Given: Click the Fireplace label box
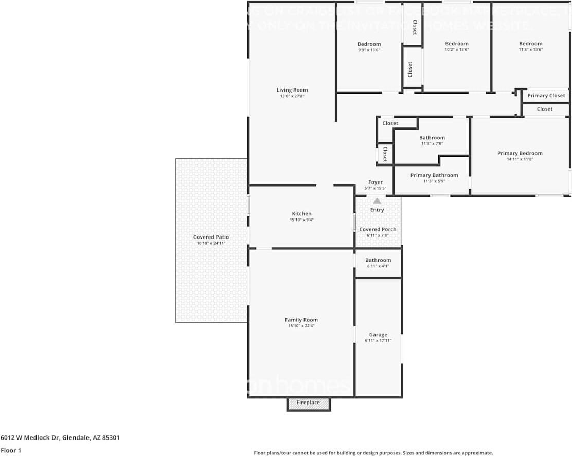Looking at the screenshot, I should pyautogui.click(x=308, y=403).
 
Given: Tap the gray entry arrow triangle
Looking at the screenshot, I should pyautogui.click(x=377, y=201).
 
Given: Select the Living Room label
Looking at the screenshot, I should pyautogui.click(x=292, y=90).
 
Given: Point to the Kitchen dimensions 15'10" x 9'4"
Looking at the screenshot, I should pyautogui.click(x=301, y=220).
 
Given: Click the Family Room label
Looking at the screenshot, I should pyautogui.click(x=301, y=320).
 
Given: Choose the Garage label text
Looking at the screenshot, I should pyautogui.click(x=378, y=335).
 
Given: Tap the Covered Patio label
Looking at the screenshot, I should pyautogui.click(x=211, y=237).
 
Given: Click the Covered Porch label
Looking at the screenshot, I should pyautogui.click(x=378, y=230).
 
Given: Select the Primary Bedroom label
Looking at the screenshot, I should pyautogui.click(x=520, y=153).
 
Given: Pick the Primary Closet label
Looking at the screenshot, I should pyautogui.click(x=546, y=96).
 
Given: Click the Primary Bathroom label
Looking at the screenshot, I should pyautogui.click(x=434, y=175).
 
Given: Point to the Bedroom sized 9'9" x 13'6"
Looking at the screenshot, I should pyautogui.click(x=369, y=44).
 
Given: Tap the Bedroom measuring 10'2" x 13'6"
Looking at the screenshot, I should pyautogui.click(x=457, y=44).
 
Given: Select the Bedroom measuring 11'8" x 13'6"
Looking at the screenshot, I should pyautogui.click(x=530, y=44).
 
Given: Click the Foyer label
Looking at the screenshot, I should pyautogui.click(x=376, y=182).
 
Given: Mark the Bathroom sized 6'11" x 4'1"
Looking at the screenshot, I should pyautogui.click(x=378, y=261).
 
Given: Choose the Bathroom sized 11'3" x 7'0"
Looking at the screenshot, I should pyautogui.click(x=432, y=138).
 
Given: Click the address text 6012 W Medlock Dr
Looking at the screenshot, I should pyautogui.click(x=30, y=438).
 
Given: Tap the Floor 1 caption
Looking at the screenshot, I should pyautogui.click(x=11, y=450).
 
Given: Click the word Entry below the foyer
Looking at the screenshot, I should pyautogui.click(x=377, y=210).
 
